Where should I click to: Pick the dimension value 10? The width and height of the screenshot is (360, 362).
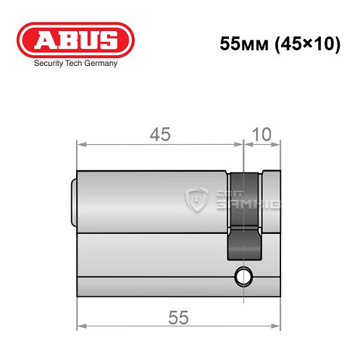(x=262, y=134)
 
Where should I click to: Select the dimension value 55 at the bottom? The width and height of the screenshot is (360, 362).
(x=179, y=316)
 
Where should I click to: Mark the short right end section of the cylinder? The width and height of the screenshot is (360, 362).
(x=271, y=200)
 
